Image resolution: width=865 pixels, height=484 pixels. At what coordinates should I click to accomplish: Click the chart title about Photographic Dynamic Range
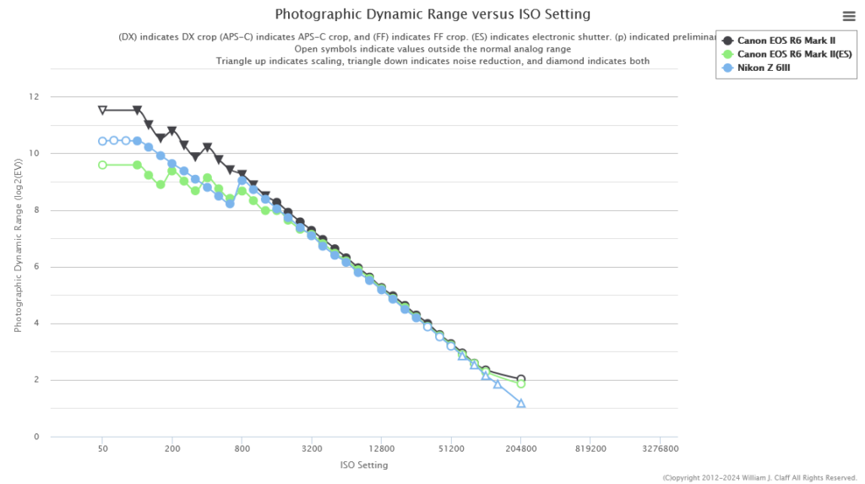(x=432, y=14)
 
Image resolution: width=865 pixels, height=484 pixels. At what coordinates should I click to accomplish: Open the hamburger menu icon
(x=849, y=16)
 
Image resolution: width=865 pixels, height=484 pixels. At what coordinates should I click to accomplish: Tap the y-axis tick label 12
(x=35, y=97)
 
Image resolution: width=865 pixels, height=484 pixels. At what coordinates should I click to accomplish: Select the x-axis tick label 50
(x=102, y=449)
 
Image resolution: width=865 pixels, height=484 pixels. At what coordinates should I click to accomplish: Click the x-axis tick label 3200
(x=312, y=449)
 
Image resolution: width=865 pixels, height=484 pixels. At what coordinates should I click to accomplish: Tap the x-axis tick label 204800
(x=520, y=449)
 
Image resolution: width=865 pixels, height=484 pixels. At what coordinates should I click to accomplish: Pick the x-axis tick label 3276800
(x=660, y=449)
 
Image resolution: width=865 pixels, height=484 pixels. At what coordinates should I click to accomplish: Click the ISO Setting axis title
(x=364, y=465)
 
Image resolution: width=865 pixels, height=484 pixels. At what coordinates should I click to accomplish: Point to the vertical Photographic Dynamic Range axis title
(x=19, y=267)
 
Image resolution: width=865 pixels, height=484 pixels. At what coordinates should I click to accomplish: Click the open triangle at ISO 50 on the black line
(x=102, y=110)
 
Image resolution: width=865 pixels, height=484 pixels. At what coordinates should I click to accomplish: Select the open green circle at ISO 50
(x=102, y=165)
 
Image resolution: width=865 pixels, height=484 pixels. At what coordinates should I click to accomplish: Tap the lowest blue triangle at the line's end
(x=521, y=403)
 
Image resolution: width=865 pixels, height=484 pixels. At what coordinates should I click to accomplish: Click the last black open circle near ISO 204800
(x=521, y=379)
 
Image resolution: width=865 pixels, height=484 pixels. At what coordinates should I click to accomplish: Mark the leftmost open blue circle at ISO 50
(x=102, y=141)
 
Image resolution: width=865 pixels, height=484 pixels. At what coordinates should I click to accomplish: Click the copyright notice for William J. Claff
(x=760, y=477)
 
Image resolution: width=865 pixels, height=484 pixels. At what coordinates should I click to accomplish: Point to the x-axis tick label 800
(x=242, y=449)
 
